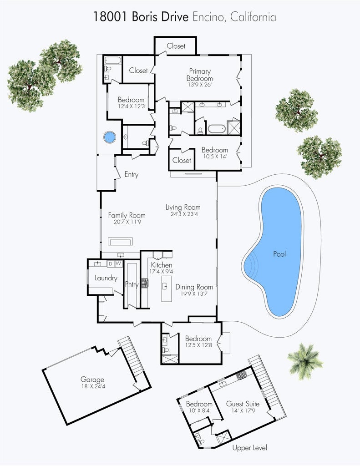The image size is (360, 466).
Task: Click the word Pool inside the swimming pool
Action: coord(279,254)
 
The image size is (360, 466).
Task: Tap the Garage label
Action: coord(92,379)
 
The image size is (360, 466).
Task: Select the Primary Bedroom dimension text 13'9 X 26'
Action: coord(200,85)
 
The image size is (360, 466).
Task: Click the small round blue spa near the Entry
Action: coord(109,137)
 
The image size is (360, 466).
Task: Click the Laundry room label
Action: coord(106,278)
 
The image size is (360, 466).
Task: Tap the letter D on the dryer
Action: coord(110,263)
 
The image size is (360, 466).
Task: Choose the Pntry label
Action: coord(132,285)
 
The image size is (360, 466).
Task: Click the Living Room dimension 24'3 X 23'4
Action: coord(183,214)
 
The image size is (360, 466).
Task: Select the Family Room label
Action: coord(127,215)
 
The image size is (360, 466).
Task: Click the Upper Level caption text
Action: coord(249,448)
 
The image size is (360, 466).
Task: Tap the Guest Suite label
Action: coord(243,404)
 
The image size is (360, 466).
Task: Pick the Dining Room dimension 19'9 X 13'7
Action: coord(194,294)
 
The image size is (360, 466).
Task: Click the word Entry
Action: coord(132,174)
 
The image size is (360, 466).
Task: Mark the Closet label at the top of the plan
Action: coord(176,46)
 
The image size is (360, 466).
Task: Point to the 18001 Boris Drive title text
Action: coord(141,17)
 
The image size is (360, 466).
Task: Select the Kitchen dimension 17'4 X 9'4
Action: coord(162,272)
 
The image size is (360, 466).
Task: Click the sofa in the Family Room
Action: coord(120,241)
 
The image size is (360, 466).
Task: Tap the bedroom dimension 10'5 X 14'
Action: coord(215,157)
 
